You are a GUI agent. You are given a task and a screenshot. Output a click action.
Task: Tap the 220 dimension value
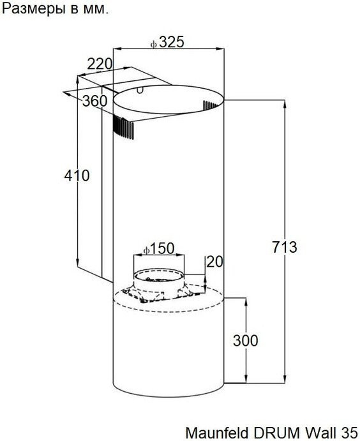(x=100, y=64)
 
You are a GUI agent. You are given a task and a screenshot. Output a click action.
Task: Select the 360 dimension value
(x=94, y=101)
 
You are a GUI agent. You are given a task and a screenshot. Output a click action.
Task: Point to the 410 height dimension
(x=77, y=176)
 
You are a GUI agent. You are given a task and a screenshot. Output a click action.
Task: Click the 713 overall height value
(x=285, y=247)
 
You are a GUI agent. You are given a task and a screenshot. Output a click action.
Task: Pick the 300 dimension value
(x=245, y=340)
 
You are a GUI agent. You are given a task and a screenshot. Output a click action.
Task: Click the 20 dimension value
(x=214, y=262)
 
